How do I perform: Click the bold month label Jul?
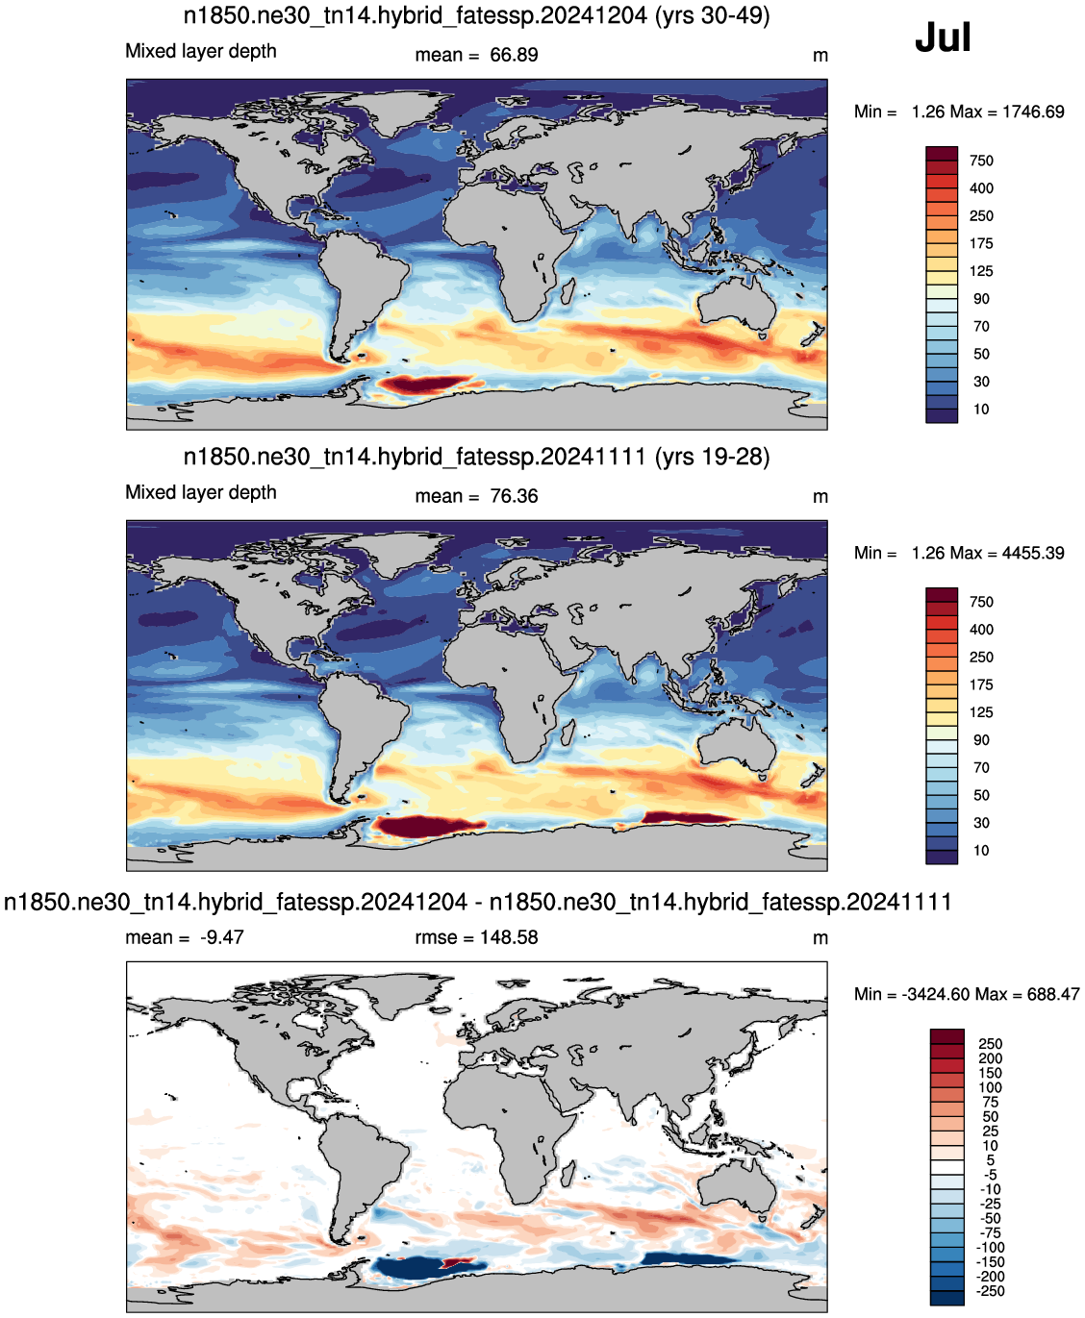pos(943,37)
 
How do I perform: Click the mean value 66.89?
pos(514,55)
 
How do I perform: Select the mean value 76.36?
pos(514,496)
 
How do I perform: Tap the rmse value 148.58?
pos(509,937)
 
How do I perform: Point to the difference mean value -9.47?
pos(222,937)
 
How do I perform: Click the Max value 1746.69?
pos(1033,112)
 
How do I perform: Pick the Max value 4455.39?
pos(1033,553)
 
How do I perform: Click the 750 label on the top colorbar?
pos(981,161)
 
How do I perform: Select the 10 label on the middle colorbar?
pos(981,851)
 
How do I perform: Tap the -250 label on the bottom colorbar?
pos(990,1291)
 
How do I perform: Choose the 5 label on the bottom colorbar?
pos(990,1160)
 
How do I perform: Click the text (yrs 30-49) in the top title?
pos(713,15)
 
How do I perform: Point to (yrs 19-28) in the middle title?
pos(713,457)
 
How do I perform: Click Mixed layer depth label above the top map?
pos(201,51)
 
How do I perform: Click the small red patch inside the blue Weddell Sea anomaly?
pos(459,1263)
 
